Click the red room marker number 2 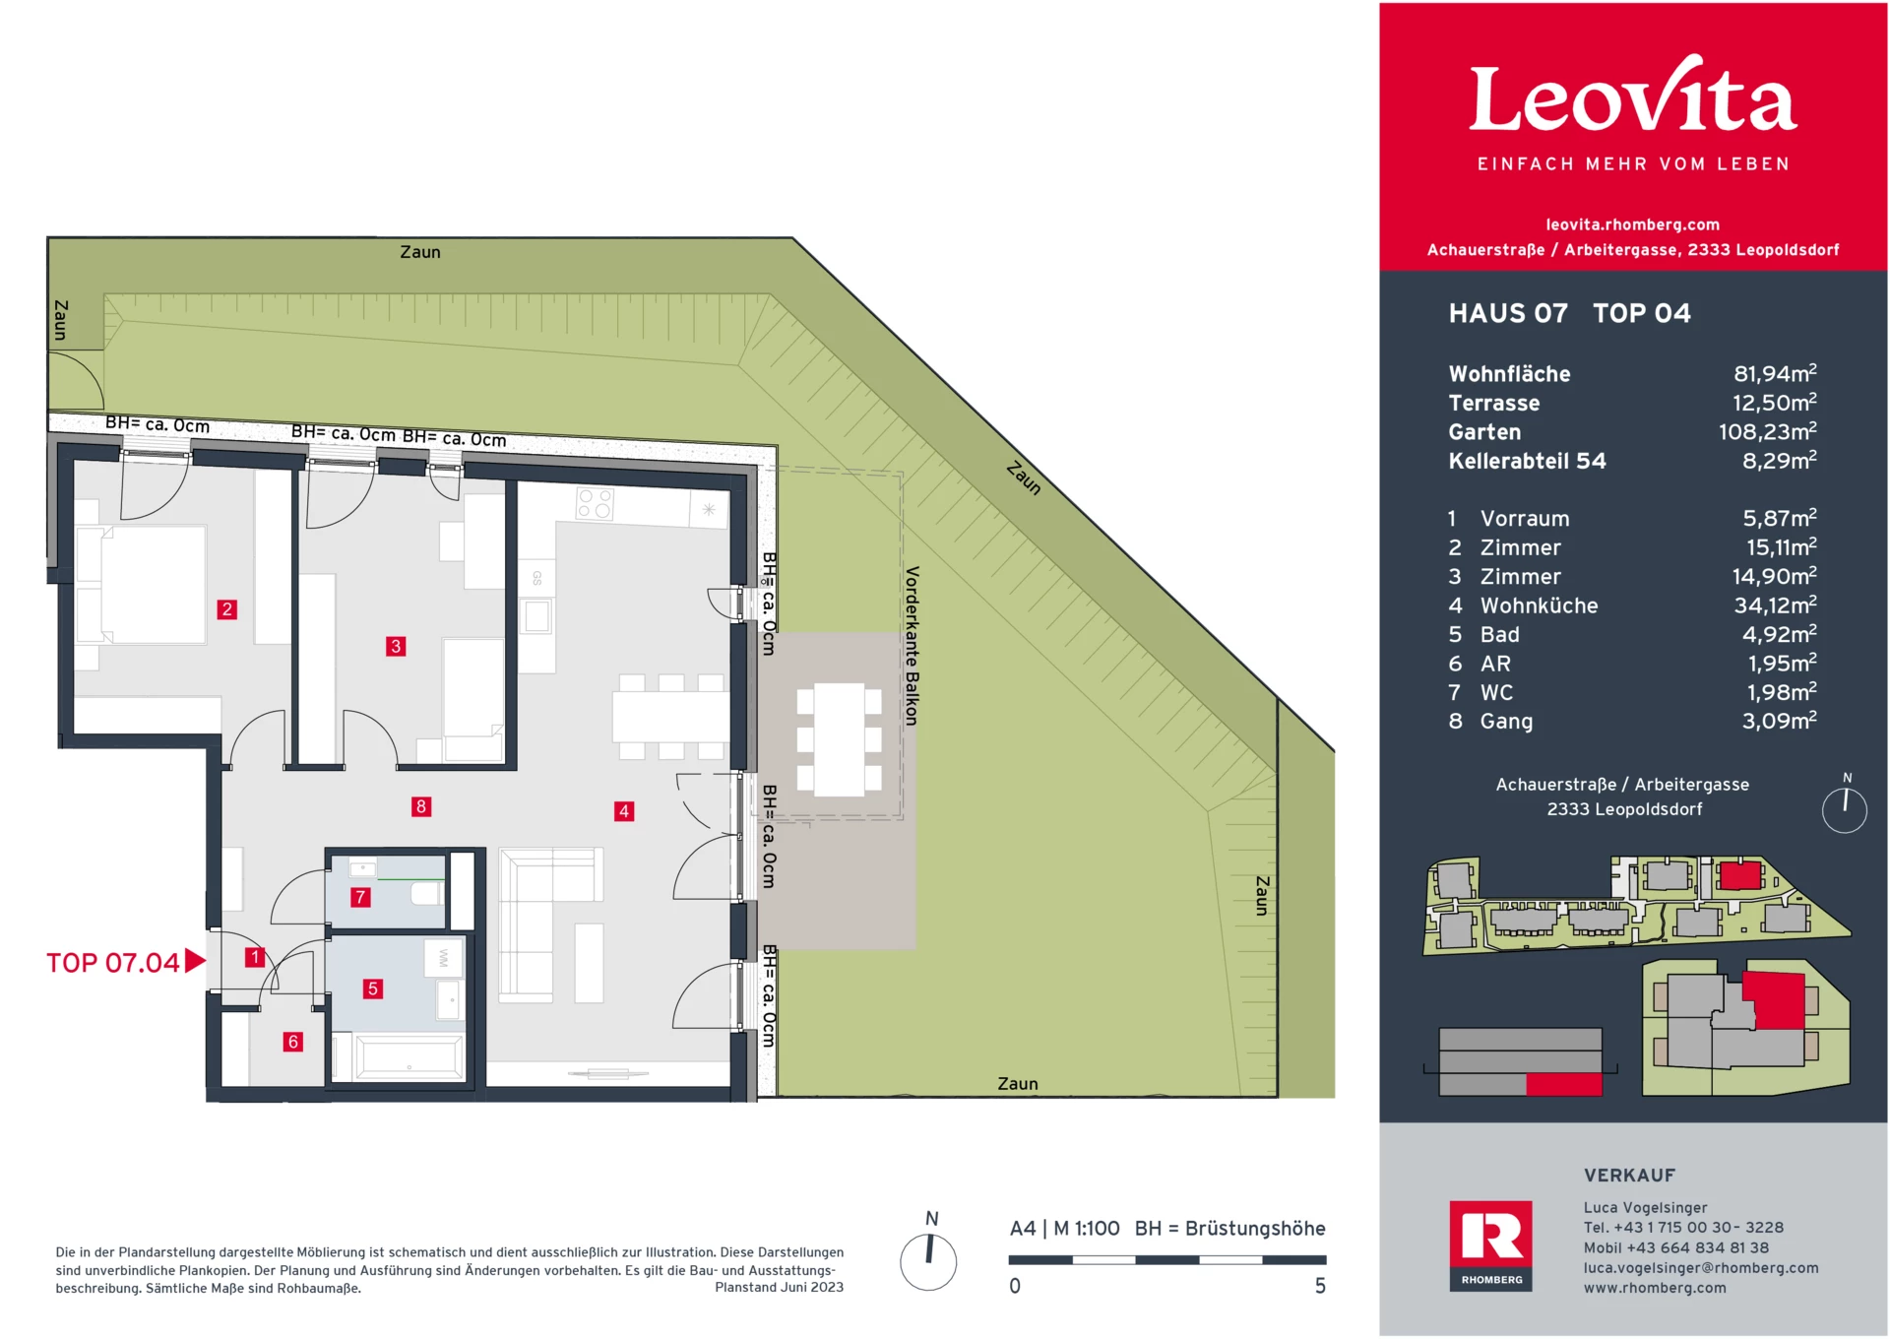pos(226,609)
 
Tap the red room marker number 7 pos(360,897)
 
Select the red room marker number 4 pos(623,811)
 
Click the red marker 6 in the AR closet pos(292,1042)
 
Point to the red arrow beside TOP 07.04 pos(195,961)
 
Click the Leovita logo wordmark pos(1632,98)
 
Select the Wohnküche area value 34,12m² pos(1775,606)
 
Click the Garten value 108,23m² pos(1767,431)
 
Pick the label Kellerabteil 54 pos(1527,461)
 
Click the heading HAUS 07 pos(1507,313)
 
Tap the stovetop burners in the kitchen pos(595,504)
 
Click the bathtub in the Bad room pos(409,1058)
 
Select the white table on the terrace pos(839,739)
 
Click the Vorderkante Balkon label pos(912,646)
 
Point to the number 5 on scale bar pos(1320,1286)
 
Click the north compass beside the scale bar pos(928,1261)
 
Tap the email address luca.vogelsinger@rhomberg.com pos(1700,1268)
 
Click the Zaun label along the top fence pos(420,252)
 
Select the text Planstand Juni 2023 pos(779,1287)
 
